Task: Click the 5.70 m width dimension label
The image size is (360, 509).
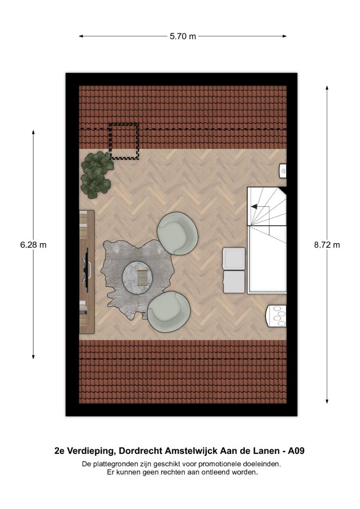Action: click(x=183, y=36)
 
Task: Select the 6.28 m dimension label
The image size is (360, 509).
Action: click(x=33, y=245)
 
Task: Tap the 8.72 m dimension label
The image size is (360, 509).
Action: click(x=327, y=245)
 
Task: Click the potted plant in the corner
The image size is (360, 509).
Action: click(x=97, y=174)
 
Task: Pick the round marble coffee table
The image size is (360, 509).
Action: click(x=137, y=277)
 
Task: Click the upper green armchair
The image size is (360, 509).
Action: click(x=177, y=234)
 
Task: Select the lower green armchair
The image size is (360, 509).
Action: click(x=169, y=312)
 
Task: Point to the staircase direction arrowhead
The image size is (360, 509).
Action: click(x=254, y=206)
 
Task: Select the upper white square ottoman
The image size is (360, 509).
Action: click(x=234, y=258)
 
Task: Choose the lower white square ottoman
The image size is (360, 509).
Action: click(x=234, y=282)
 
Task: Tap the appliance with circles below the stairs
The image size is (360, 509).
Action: click(x=276, y=316)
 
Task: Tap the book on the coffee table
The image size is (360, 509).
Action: click(x=142, y=277)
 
